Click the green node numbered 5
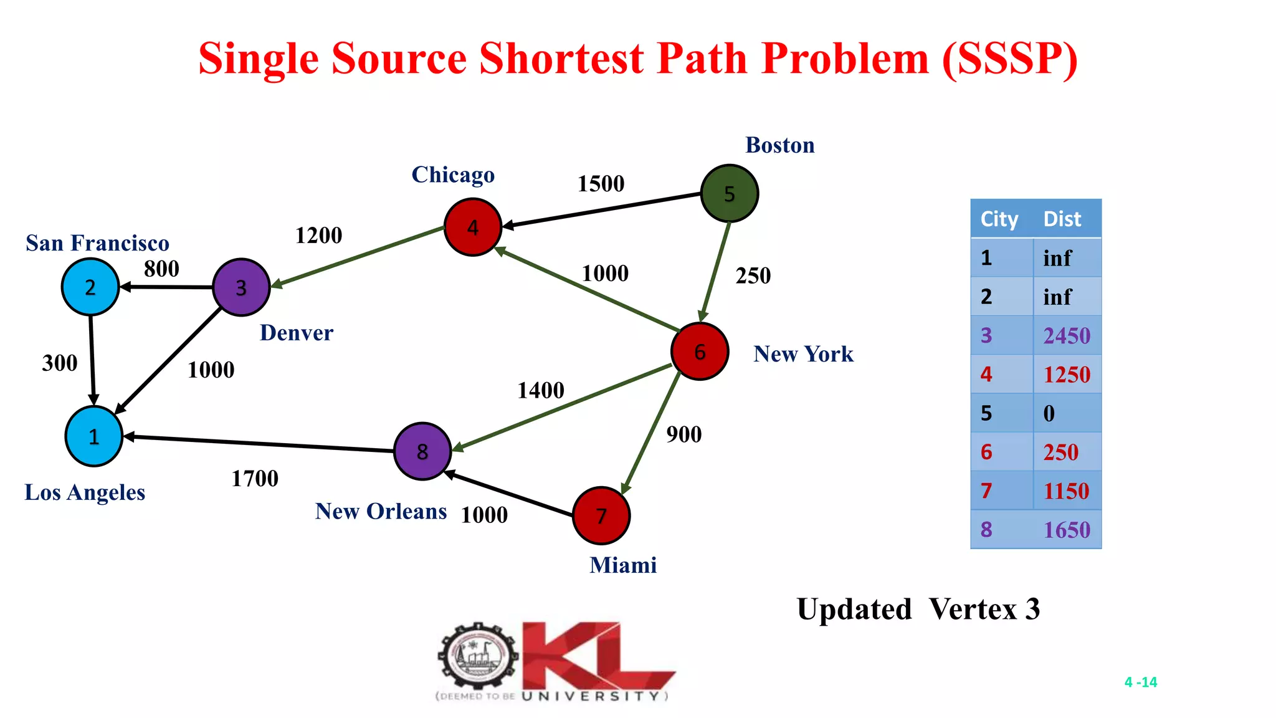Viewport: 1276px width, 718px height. [x=729, y=194]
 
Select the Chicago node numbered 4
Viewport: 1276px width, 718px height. [x=473, y=227]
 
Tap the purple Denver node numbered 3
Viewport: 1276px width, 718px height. [x=241, y=287]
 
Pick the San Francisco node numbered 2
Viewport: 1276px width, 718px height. [x=90, y=287]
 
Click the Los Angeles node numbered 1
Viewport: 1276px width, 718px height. [x=94, y=436]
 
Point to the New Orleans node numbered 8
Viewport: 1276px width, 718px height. [x=422, y=451]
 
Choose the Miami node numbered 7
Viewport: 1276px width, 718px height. [x=601, y=515]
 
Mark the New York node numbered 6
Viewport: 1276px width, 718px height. [x=700, y=352]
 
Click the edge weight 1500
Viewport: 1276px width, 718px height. [x=601, y=184]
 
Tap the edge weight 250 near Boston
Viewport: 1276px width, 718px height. [x=753, y=275]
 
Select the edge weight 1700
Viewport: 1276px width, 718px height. [x=255, y=479]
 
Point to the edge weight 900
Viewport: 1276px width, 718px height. [x=683, y=434]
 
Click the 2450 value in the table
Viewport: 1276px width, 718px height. [x=1067, y=336]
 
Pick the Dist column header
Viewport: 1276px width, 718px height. [x=1062, y=219]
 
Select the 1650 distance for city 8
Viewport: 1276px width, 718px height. [x=1067, y=530]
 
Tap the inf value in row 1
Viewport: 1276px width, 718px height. [x=1057, y=258]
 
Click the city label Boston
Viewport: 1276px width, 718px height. [x=779, y=145]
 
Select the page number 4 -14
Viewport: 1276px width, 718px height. [x=1140, y=682]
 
